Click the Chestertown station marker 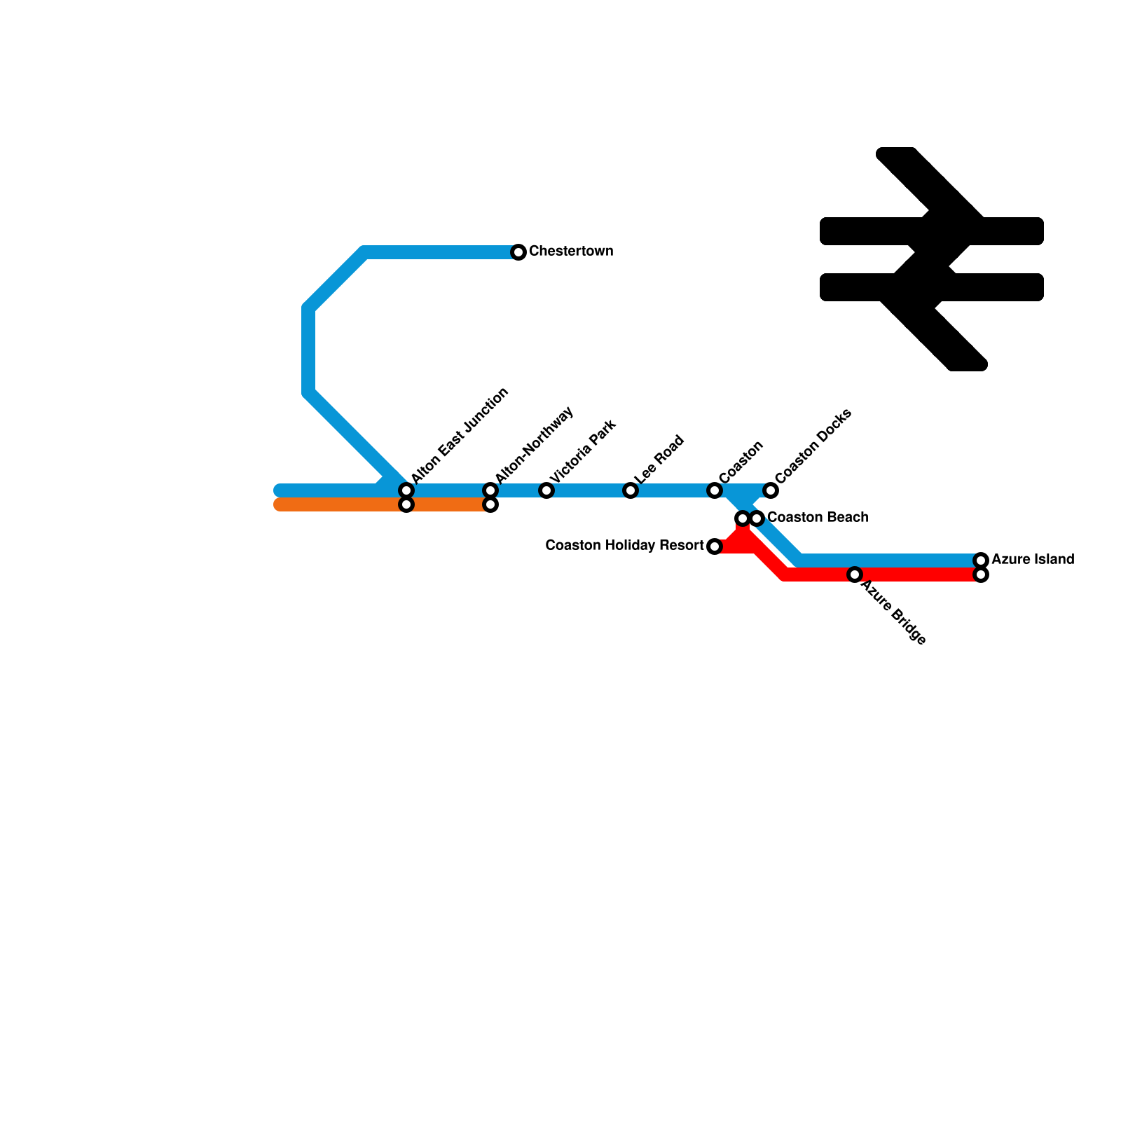[518, 252]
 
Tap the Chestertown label [571, 252]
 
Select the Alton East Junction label [460, 435]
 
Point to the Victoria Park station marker [546, 490]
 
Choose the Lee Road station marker [631, 490]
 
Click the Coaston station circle [715, 490]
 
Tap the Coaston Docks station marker [771, 490]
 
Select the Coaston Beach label [818, 518]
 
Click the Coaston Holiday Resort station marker [715, 546]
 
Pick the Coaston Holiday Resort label [624, 546]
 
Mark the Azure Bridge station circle [855, 575]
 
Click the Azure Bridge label [893, 612]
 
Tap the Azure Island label [1033, 560]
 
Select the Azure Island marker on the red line [981, 575]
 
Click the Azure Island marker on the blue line [981, 560]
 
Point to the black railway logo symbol [932, 259]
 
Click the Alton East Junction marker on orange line [406, 504]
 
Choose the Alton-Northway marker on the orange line [490, 504]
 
